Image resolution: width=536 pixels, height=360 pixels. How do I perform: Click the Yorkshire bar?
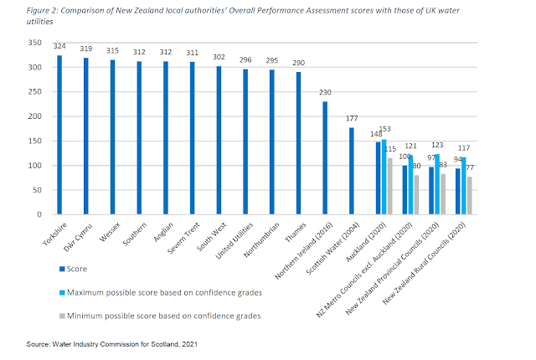pyautogui.click(x=59, y=135)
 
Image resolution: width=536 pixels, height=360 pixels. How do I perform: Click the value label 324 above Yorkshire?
pyautogui.click(x=59, y=47)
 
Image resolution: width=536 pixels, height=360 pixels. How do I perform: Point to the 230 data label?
pyautogui.click(x=325, y=93)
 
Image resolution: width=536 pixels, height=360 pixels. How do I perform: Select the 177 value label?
pyautogui.click(x=351, y=119)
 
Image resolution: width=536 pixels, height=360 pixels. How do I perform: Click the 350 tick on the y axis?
pyautogui.click(x=33, y=42)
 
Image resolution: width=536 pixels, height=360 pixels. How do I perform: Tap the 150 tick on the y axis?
pyautogui.click(x=33, y=141)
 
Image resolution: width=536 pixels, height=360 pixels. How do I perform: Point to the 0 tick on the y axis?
pyautogui.click(x=39, y=214)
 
